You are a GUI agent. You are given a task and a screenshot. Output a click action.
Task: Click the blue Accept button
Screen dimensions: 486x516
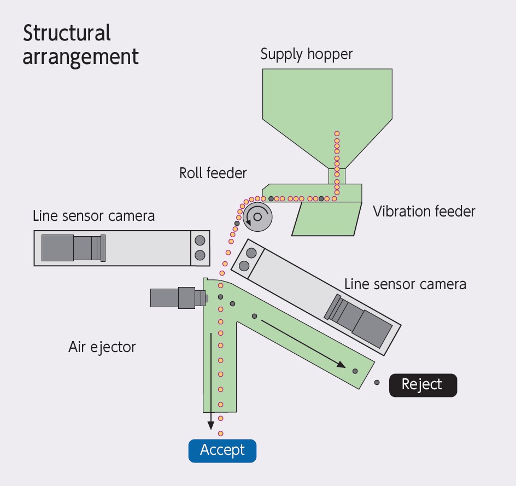tap(222, 450)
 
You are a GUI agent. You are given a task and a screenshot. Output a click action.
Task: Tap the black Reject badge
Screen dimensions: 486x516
tap(422, 384)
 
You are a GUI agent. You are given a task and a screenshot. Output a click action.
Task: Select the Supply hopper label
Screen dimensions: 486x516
tap(306, 54)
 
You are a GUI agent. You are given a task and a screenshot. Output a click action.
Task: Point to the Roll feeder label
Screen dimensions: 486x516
tap(213, 173)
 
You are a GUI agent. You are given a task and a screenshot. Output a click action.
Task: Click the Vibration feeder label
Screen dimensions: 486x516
tap(424, 211)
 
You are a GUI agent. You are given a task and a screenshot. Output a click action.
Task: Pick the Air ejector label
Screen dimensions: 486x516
tap(102, 347)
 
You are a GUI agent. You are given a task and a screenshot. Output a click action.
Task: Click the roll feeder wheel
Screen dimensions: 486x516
tap(257, 216)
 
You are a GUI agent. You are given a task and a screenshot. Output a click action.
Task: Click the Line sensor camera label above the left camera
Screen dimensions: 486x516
tap(93, 215)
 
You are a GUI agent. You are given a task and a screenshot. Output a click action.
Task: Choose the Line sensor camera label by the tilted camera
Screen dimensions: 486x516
tap(404, 284)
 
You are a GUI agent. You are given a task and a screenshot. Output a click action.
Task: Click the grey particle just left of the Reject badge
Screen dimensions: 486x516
tap(377, 382)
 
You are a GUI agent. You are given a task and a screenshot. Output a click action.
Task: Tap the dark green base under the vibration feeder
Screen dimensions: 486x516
tap(326, 219)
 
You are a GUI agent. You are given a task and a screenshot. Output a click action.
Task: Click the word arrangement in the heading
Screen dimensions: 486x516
tap(80, 56)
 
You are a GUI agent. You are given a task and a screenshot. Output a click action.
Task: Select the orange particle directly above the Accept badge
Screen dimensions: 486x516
tap(221, 418)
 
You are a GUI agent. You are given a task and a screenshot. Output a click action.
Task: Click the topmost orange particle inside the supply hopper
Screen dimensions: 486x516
tap(337, 133)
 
